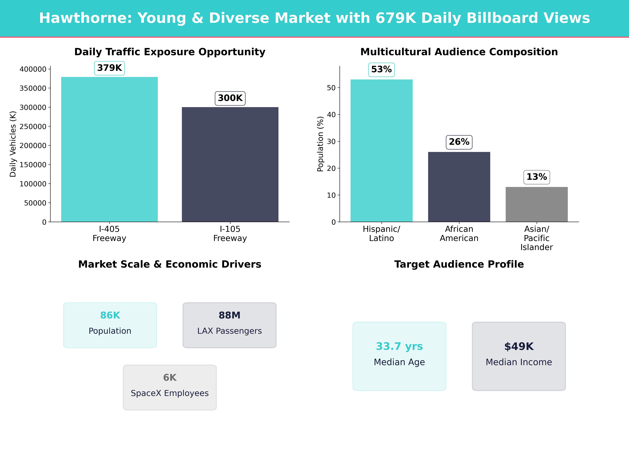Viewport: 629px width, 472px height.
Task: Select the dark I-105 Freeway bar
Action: pos(230,164)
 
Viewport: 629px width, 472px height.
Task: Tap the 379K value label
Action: pos(109,68)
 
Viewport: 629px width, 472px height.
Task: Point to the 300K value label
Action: pos(230,98)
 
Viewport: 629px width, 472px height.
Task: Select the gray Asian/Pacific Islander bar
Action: pos(537,204)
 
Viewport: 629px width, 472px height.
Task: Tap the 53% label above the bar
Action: pos(381,69)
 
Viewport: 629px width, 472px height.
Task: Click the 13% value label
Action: pos(537,177)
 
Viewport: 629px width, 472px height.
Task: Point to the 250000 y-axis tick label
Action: pos(33,127)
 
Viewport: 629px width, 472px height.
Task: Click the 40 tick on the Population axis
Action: pos(331,115)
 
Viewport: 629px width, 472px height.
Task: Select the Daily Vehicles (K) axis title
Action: pos(13,144)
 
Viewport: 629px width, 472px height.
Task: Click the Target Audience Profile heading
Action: pos(459,264)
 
